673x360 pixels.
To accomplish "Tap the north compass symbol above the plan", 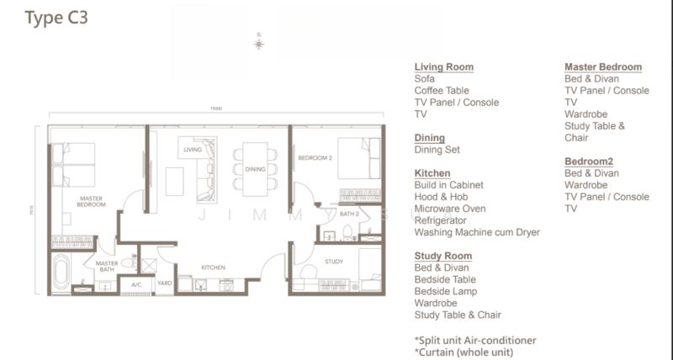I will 259,41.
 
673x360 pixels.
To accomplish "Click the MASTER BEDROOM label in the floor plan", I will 90,202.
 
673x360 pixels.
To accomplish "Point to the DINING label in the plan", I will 255,169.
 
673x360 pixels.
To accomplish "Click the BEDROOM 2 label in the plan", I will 315,157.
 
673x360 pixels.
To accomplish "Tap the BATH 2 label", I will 349,214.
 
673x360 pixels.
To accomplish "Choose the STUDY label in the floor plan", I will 334,262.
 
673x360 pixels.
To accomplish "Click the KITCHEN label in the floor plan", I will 213,268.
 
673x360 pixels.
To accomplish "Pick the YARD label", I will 165,283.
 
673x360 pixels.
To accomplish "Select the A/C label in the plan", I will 136,284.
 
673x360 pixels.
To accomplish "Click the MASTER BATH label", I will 106,267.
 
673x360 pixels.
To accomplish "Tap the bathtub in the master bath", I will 60,273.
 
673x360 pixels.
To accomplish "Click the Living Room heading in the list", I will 443,66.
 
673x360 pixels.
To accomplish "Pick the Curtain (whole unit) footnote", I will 463,352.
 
